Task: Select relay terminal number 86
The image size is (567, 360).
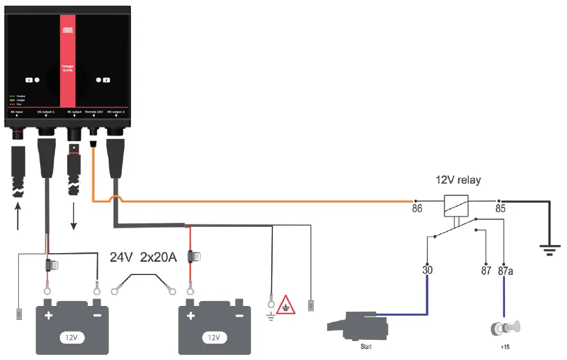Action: click(417, 208)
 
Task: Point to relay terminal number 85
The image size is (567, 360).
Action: click(500, 208)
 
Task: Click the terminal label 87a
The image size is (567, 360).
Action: click(505, 269)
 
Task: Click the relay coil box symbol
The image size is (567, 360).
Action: click(456, 205)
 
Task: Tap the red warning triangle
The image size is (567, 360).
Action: click(286, 305)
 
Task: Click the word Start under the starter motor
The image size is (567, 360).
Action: click(366, 347)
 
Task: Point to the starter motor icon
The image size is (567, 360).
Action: click(357, 326)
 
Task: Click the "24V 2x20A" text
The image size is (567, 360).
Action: click(143, 258)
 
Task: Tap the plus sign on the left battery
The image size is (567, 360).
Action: click(49, 316)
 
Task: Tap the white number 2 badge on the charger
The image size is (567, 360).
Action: click(106, 80)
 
